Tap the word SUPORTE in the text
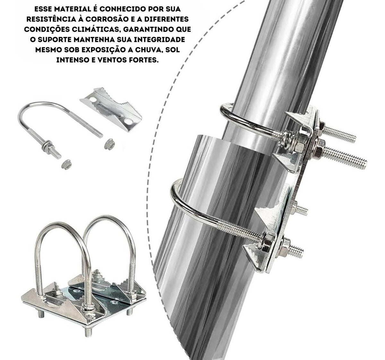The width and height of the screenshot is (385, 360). click(55, 40)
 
